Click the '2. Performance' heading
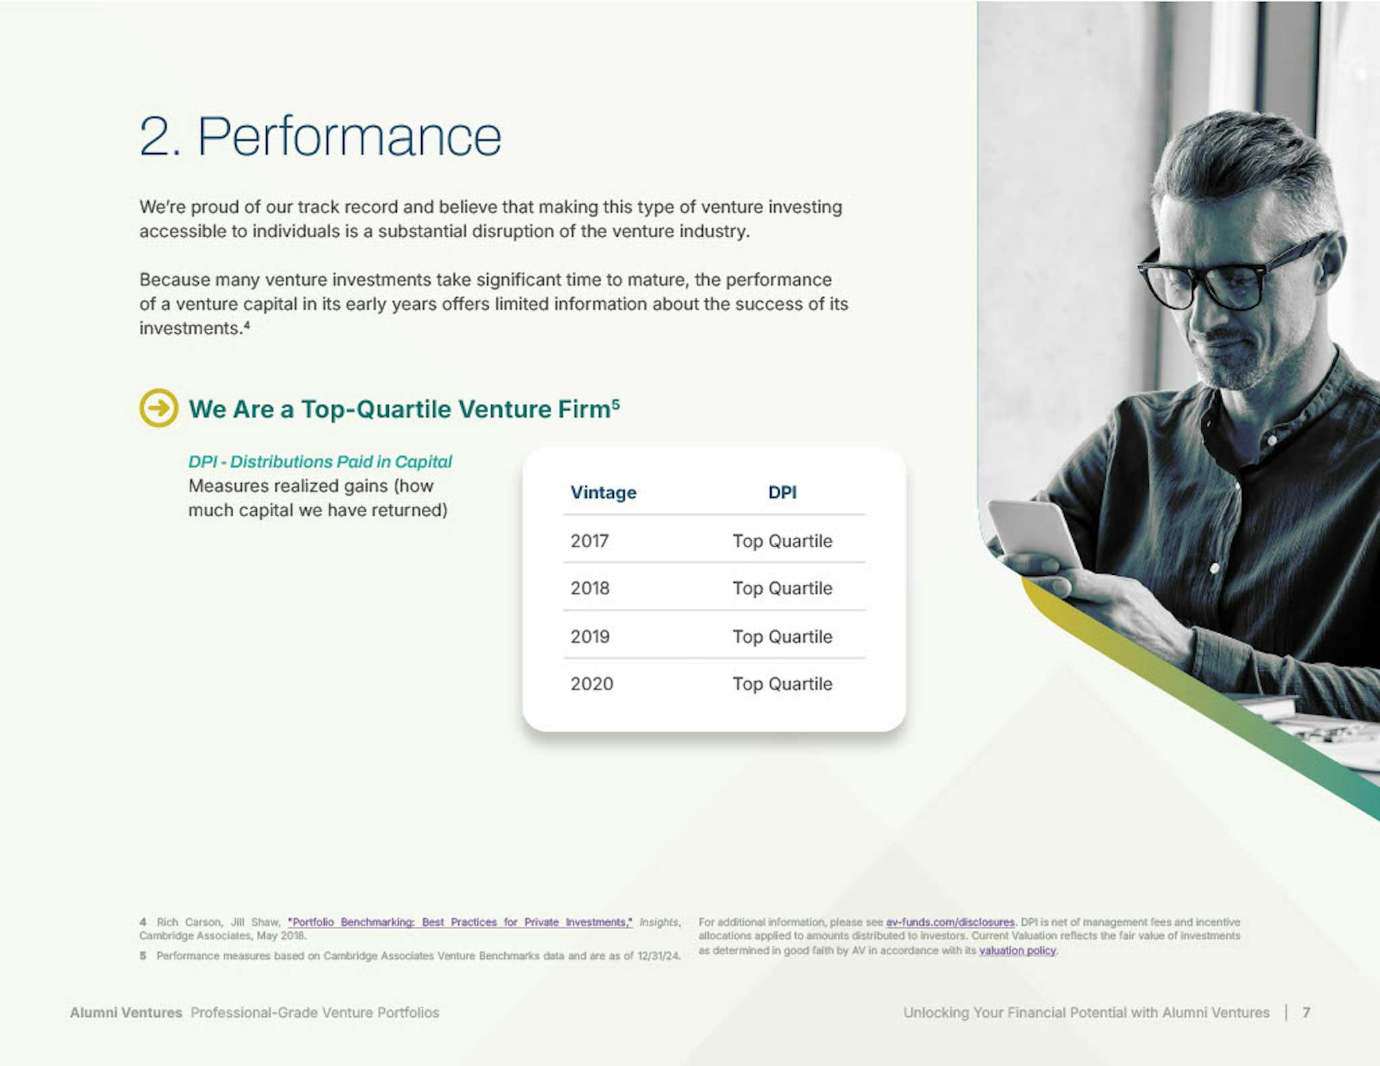tap(320, 137)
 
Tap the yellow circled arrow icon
tap(159, 408)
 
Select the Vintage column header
tap(603, 493)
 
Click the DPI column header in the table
tap(782, 493)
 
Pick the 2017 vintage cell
tap(590, 541)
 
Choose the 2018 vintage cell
tap(590, 588)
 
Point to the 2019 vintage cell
tap(590, 637)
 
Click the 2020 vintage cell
tap(592, 684)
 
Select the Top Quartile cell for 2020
tap(782, 684)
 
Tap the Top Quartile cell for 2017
tap(782, 541)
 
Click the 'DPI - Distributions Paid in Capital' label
tap(320, 462)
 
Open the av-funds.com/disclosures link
tap(950, 922)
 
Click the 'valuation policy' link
tap(1017, 951)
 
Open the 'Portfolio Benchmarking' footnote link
tap(460, 922)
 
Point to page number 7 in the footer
tap(1307, 1012)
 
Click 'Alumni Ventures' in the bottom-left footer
tap(126, 1012)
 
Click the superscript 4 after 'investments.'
tap(247, 324)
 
